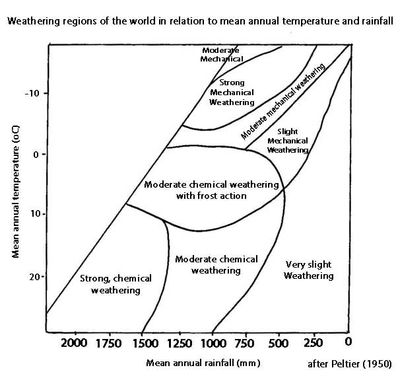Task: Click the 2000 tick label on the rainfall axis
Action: click(x=74, y=343)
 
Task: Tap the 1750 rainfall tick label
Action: click(x=108, y=343)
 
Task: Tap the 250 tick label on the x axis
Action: click(x=313, y=343)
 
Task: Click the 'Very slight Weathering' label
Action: click(x=308, y=270)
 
